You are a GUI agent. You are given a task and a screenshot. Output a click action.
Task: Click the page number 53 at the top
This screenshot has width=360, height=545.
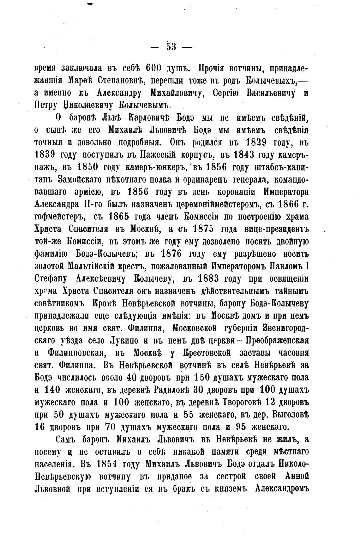click(171, 46)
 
